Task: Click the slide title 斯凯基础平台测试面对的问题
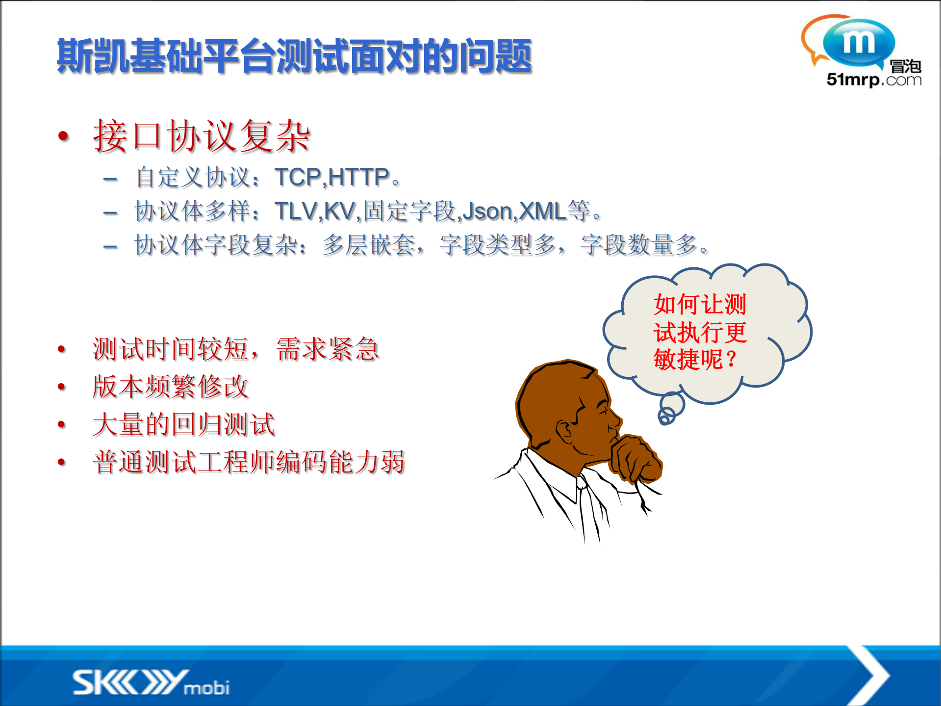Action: (x=294, y=56)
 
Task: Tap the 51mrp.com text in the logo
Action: (x=873, y=79)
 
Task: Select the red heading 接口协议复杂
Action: (x=202, y=136)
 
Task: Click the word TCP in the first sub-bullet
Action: (x=297, y=177)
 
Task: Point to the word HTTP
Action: (x=358, y=177)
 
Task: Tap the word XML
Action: (x=542, y=211)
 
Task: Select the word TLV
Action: (x=296, y=211)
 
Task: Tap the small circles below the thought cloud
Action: (x=669, y=410)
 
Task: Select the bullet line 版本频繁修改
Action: (x=170, y=387)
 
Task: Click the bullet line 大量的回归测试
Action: (x=183, y=424)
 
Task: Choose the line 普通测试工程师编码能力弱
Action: (x=249, y=462)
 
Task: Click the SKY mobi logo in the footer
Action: (x=151, y=682)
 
